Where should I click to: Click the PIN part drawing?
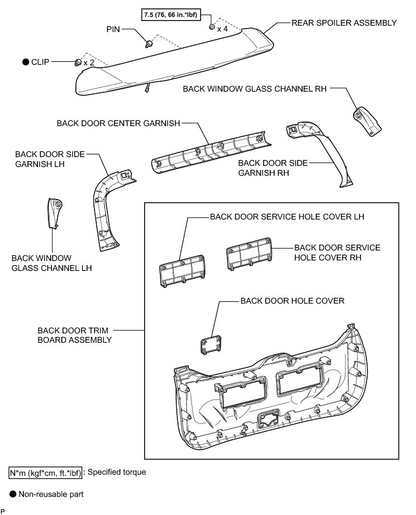tap(150, 43)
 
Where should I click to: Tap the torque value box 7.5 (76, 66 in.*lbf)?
tap(174, 14)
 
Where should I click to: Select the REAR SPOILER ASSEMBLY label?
tap(344, 23)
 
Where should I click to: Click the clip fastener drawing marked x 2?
tap(78, 62)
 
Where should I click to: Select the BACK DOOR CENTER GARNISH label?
tap(118, 123)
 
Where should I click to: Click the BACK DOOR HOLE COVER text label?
tap(292, 301)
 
